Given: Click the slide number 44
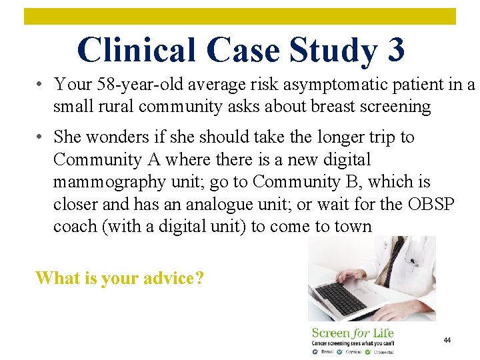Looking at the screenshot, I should pos(447,340).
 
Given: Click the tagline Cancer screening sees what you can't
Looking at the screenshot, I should pos(351,343).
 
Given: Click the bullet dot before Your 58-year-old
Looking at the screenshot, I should pos(41,85).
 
